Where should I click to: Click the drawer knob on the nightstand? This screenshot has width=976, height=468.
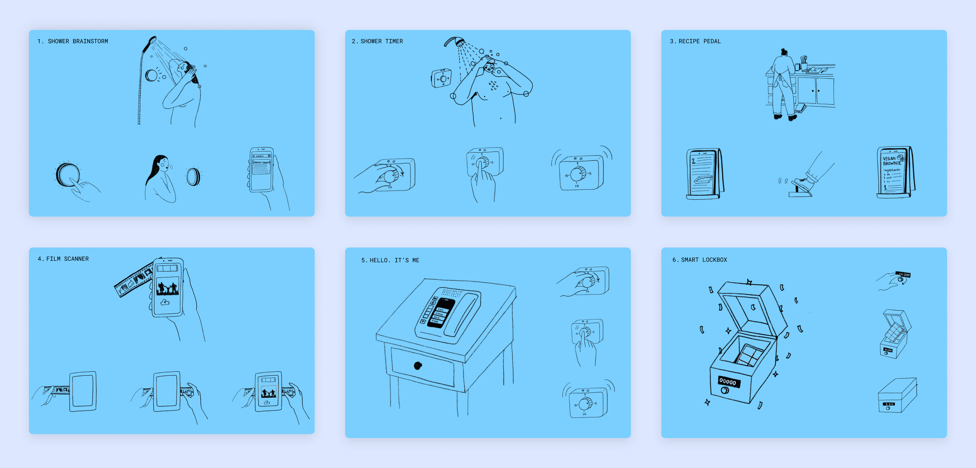[418, 365]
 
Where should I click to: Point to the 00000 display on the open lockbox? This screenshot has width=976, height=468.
[727, 382]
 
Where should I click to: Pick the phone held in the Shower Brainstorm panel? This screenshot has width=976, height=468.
[261, 170]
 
